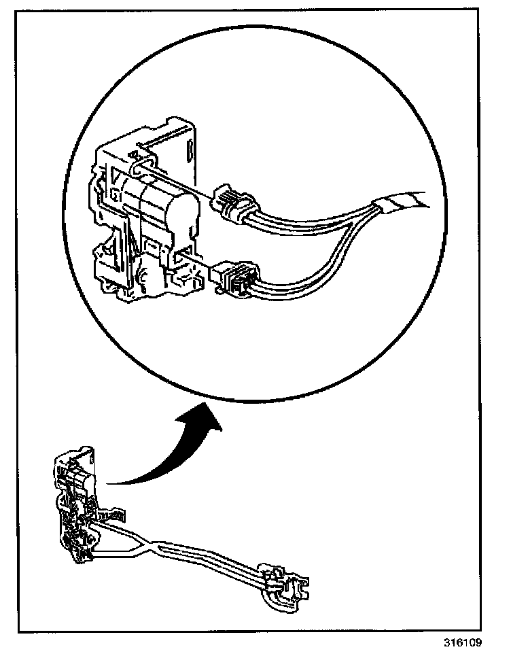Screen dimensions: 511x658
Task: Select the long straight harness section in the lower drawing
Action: click(211, 557)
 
